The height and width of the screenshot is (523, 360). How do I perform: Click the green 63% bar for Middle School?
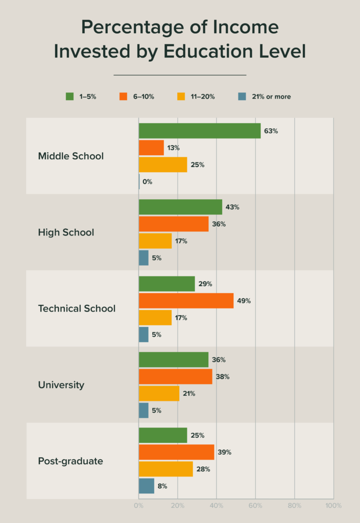[200, 131]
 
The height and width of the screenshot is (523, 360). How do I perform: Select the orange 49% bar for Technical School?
[186, 301]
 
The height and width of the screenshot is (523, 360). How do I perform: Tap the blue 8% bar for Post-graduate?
[147, 486]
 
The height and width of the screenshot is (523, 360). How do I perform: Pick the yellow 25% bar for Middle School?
[163, 164]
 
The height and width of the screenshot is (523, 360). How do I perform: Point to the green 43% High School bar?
[180, 207]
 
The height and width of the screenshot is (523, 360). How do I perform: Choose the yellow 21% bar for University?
[159, 393]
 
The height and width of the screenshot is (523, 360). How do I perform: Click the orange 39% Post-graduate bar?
[176, 452]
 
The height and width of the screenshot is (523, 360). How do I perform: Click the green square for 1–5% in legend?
[70, 96]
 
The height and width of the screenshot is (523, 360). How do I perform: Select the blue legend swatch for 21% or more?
[243, 96]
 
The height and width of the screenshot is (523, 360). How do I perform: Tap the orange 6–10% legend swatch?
[123, 96]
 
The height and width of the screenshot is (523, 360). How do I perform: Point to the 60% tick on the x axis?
[255, 506]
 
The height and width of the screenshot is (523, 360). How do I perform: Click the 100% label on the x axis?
[333, 506]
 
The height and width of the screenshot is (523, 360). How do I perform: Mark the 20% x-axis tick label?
[178, 506]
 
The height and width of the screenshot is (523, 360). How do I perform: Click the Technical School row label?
[77, 308]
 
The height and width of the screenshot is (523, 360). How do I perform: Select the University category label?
[61, 385]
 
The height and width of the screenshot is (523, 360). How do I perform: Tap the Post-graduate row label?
[70, 461]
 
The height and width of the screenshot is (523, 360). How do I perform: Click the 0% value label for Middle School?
[148, 182]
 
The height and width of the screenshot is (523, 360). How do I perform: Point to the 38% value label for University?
[223, 377]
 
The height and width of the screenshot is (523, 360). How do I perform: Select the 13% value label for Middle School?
[173, 148]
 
